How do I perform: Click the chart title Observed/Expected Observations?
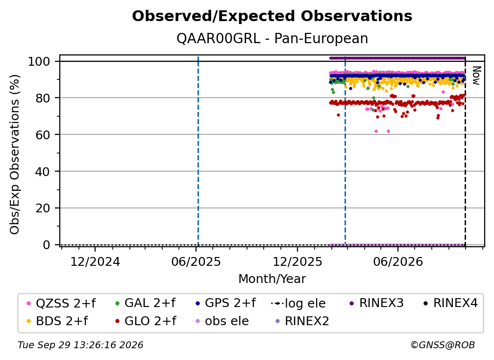point(272,16)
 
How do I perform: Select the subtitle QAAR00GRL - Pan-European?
point(272,38)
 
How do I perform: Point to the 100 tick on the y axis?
point(39,61)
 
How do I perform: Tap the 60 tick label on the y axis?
point(43,135)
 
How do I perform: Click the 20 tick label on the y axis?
point(43,208)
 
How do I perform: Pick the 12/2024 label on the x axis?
point(95,261)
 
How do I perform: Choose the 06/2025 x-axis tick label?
point(196,261)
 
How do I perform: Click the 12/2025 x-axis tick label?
point(297,261)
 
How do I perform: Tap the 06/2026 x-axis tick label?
point(398,261)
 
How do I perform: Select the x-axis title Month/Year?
point(272,279)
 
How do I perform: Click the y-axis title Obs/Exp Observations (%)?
point(15,154)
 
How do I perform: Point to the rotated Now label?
point(476,76)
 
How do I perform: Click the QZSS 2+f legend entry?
point(61,303)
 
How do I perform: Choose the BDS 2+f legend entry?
point(57,321)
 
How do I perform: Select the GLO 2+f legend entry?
point(146,321)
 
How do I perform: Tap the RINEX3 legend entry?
point(376,303)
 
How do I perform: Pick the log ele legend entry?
point(298,304)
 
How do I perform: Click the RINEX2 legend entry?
point(302,321)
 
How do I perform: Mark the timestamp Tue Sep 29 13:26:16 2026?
point(80,345)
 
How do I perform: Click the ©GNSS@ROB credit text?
point(443,345)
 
